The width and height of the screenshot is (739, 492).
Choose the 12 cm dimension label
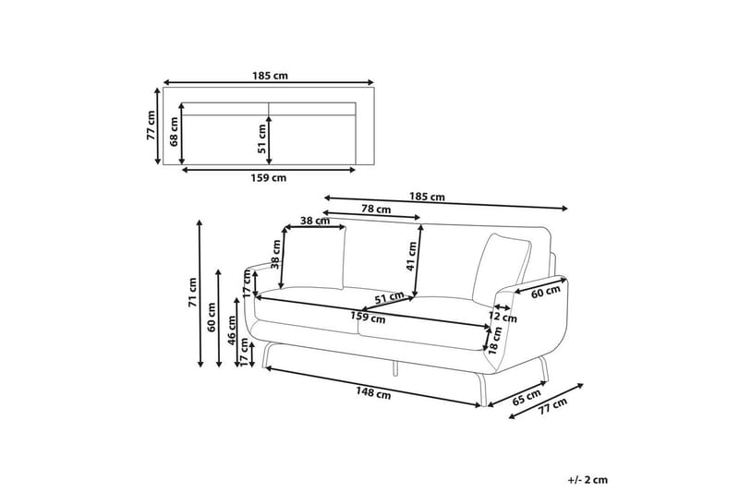click(503, 317)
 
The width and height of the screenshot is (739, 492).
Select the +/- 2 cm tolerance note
click(588, 480)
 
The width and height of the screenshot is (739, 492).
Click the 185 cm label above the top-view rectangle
click(268, 77)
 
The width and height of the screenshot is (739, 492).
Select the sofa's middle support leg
click(394, 366)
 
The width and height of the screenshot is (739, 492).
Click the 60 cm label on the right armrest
click(546, 292)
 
